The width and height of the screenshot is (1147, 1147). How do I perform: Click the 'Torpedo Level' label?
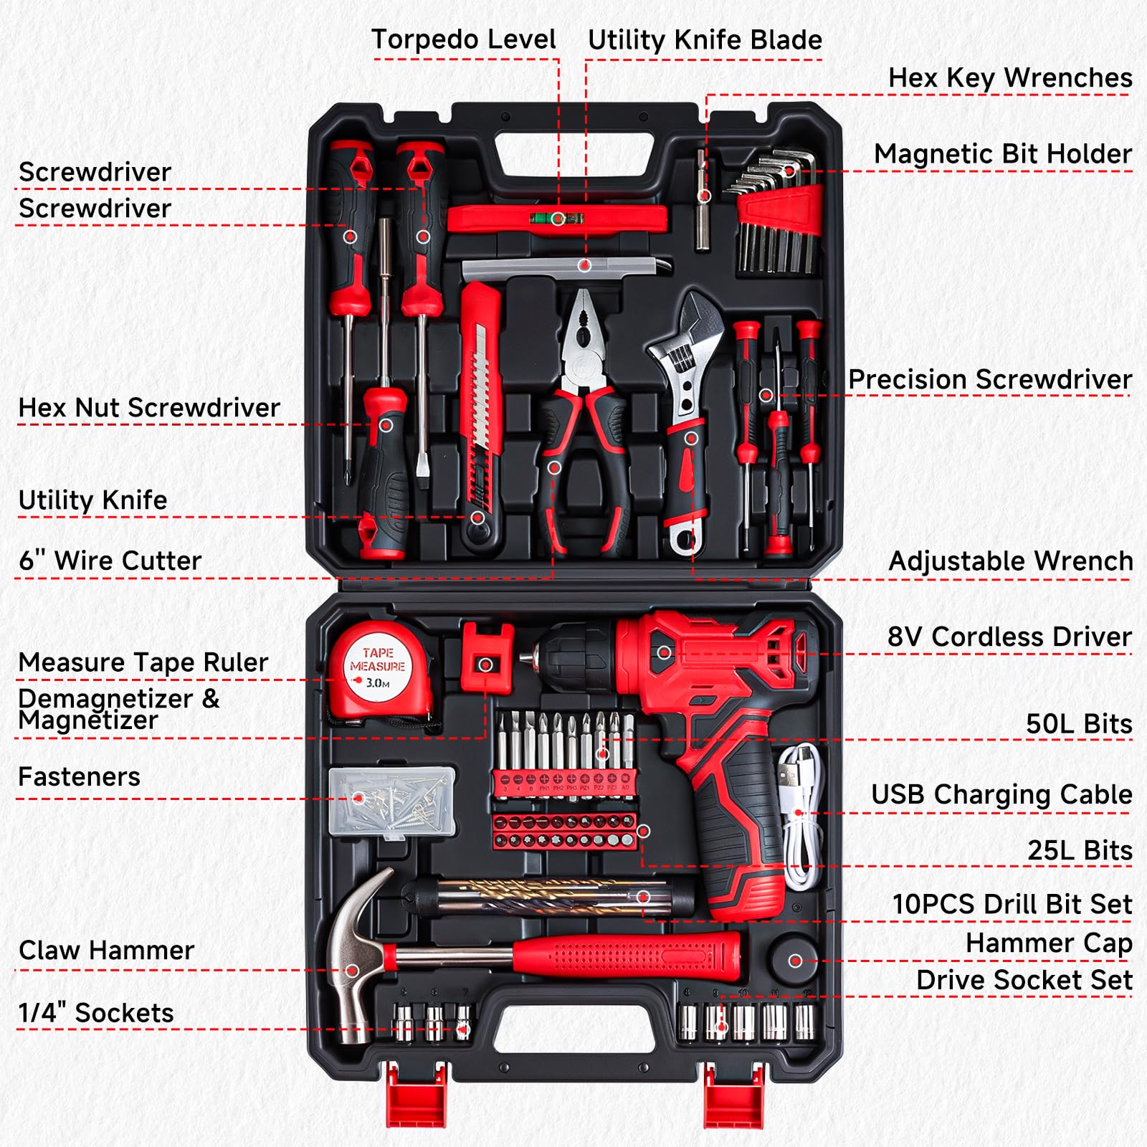pyautogui.click(x=463, y=39)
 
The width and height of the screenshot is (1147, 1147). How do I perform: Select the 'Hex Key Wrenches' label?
pyautogui.click(x=1009, y=77)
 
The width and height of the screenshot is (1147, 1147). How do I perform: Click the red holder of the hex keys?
pyautogui.click(x=780, y=207)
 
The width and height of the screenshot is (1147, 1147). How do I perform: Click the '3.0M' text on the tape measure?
pyautogui.click(x=377, y=682)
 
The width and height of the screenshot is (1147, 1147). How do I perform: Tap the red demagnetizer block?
pyautogui.click(x=486, y=656)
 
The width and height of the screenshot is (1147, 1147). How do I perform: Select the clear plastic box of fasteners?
pyautogui.click(x=392, y=801)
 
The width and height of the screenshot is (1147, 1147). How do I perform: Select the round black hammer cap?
pyautogui.click(x=794, y=958)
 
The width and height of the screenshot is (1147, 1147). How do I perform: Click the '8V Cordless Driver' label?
pyautogui.click(x=1009, y=637)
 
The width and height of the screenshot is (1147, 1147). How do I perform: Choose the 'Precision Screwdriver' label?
pyautogui.click(x=989, y=379)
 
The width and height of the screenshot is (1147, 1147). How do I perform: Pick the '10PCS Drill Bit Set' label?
pyautogui.click(x=1012, y=904)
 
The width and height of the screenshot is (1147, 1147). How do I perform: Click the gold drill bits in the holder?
pyautogui.click(x=545, y=897)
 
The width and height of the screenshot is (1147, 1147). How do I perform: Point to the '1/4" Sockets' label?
pyautogui.click(x=96, y=1013)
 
